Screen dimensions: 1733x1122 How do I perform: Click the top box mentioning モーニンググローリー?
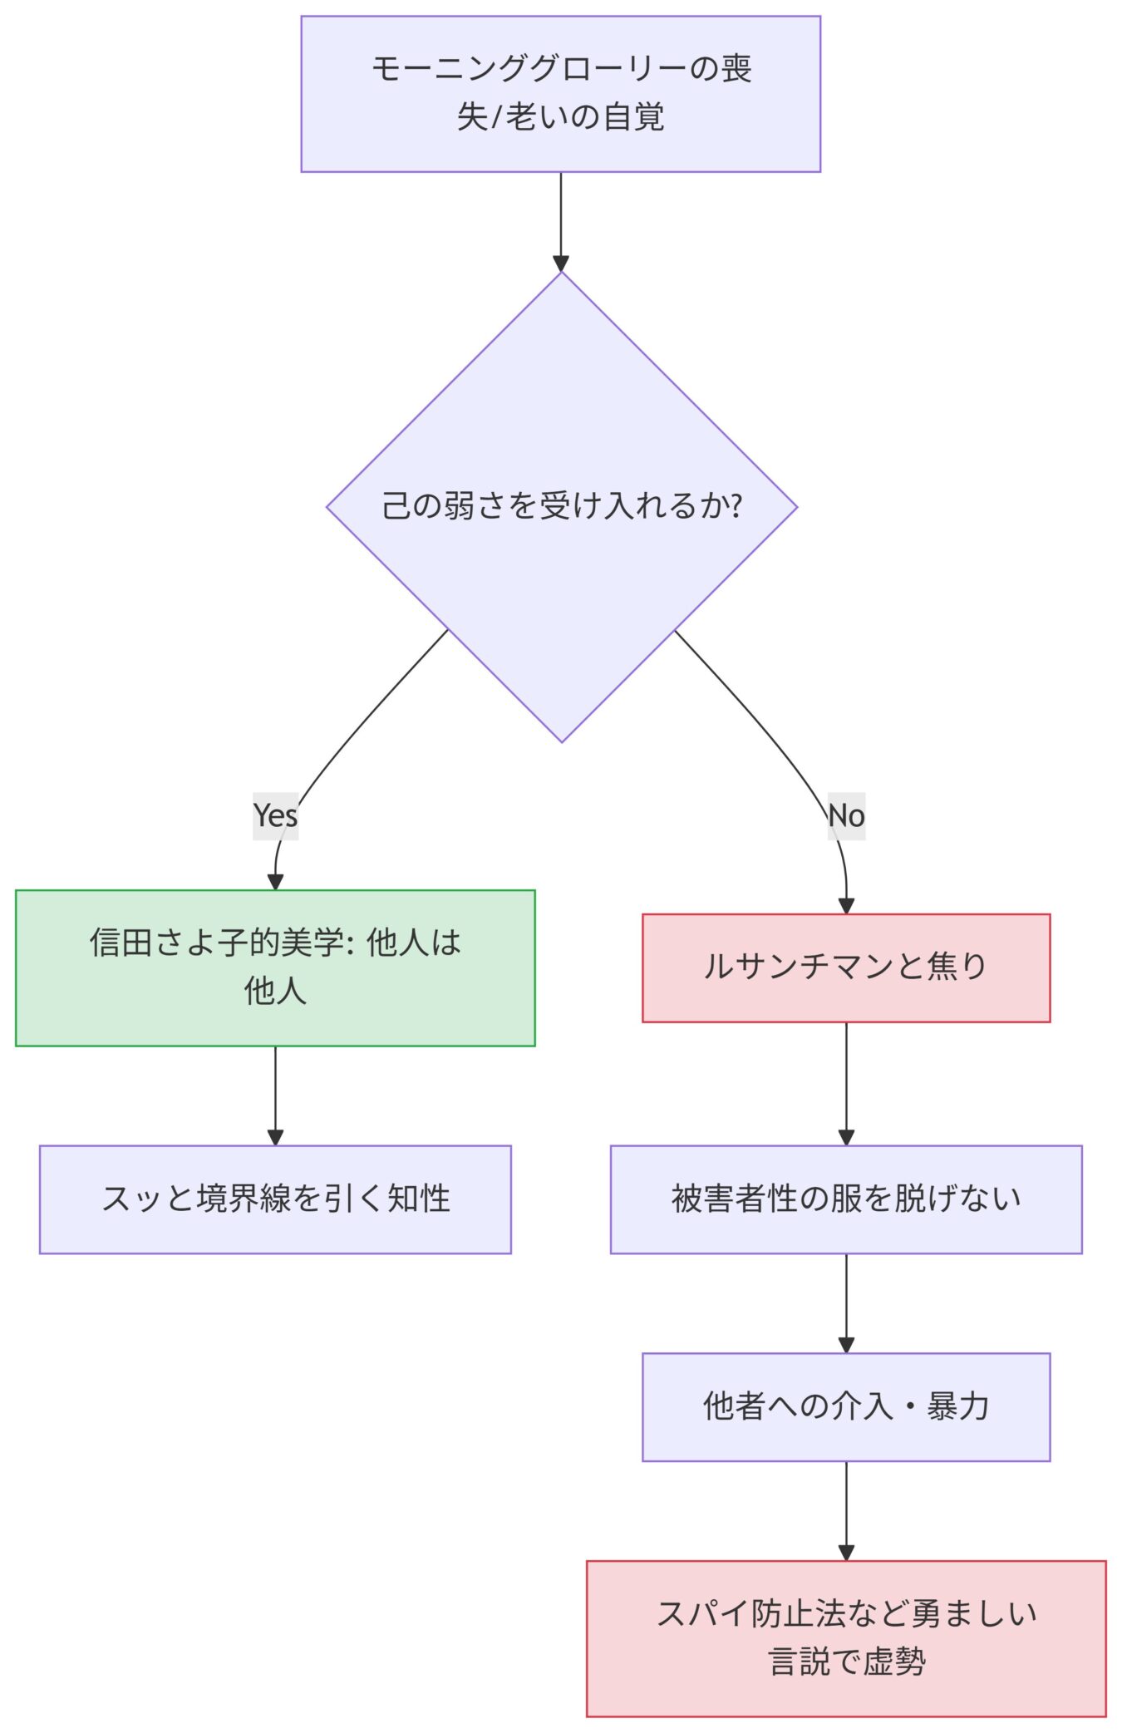pyautogui.click(x=560, y=94)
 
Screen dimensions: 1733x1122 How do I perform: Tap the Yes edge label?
pyautogui.click(x=275, y=815)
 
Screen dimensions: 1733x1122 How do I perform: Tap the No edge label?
pyautogui.click(x=846, y=815)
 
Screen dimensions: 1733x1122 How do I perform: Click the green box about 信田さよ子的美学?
pyautogui.click(x=275, y=967)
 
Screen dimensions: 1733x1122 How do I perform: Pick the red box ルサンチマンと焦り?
pyautogui.click(x=845, y=967)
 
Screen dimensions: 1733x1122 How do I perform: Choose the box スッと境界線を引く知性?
pyautogui.click(x=275, y=1199)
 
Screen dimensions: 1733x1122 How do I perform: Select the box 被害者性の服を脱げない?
pyautogui.click(x=845, y=1199)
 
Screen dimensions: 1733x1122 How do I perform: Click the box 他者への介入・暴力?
pyautogui.click(x=845, y=1406)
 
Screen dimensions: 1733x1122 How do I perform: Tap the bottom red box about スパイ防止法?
pyautogui.click(x=845, y=1637)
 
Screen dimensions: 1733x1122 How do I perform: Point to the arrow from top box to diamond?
pyautogui.click(x=561, y=220)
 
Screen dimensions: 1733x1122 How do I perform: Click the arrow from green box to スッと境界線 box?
pyautogui.click(x=275, y=1095)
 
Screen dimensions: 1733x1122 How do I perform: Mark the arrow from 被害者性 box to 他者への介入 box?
pyautogui.click(x=846, y=1302)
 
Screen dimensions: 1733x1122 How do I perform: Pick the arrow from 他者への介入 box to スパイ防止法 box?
pyautogui.click(x=846, y=1509)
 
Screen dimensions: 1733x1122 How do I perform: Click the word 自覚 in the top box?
pyautogui.click(x=633, y=116)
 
